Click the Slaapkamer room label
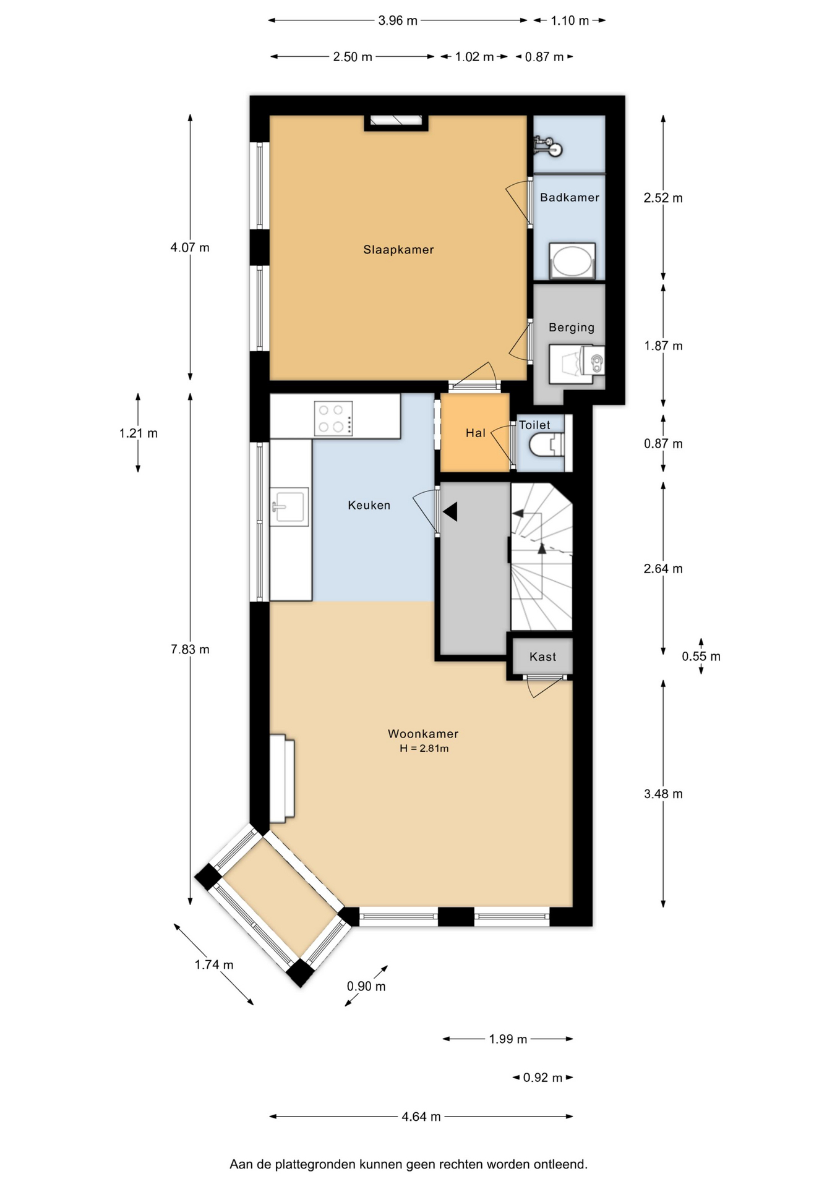tap(398, 250)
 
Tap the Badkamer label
tap(570, 197)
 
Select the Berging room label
tap(572, 328)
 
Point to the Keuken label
tap(369, 505)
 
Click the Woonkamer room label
tap(423, 734)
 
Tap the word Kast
tap(543, 657)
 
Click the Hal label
tap(476, 433)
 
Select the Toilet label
tap(534, 425)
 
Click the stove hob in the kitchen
tap(333, 419)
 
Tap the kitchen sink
tap(290, 507)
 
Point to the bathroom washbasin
tap(572, 262)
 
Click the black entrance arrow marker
tap(450, 512)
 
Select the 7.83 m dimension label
tap(190, 649)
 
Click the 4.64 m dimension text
tap(421, 1117)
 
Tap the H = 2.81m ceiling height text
tap(424, 749)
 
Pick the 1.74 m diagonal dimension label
tap(214, 964)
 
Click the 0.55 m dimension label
tap(701, 657)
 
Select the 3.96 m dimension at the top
tap(398, 20)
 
